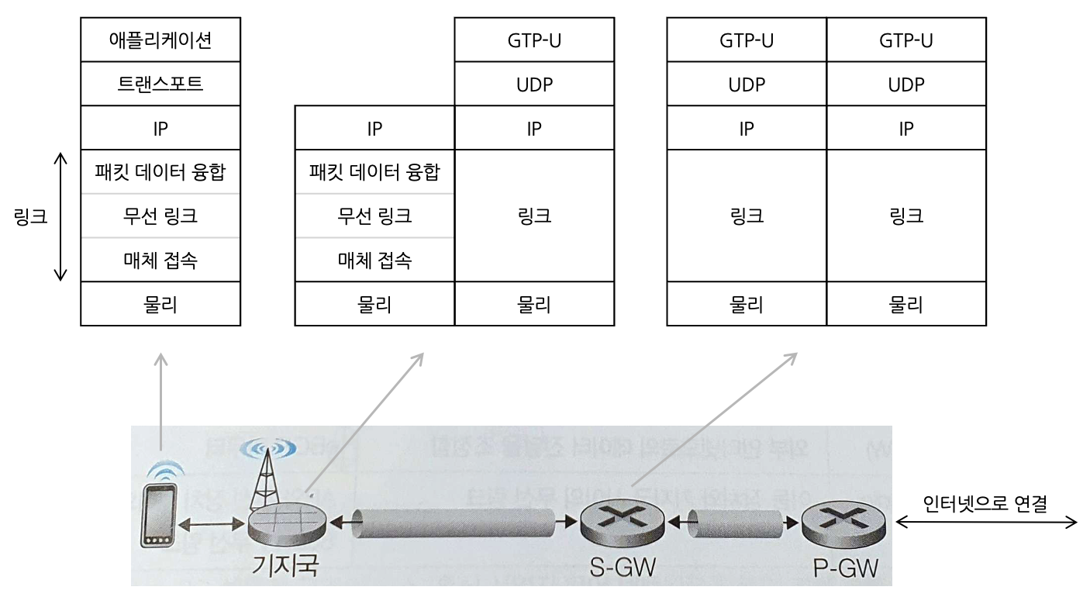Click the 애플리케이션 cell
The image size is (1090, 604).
pyautogui.click(x=160, y=40)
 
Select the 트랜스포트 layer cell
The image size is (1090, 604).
pyautogui.click(x=160, y=84)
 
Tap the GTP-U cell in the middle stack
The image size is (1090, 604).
pyautogui.click(x=534, y=40)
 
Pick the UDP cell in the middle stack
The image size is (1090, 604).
pyautogui.click(x=534, y=84)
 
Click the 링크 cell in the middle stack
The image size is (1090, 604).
pyautogui.click(x=534, y=216)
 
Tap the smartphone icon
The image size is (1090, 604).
pyautogui.click(x=159, y=515)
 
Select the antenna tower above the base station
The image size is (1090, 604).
pyautogui.click(x=264, y=473)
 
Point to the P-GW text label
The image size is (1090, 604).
pyautogui.click(x=845, y=568)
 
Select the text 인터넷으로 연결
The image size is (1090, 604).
pyautogui.click(x=985, y=504)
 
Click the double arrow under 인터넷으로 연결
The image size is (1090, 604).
pyautogui.click(x=986, y=523)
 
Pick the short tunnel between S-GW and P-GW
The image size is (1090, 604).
pyautogui.click(x=733, y=523)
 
